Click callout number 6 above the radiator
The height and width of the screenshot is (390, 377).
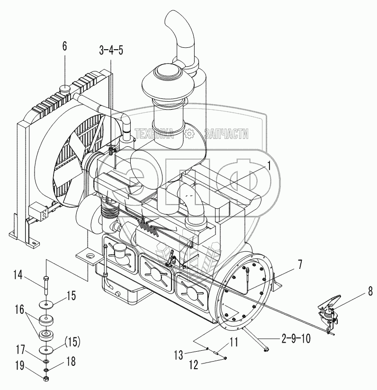tap(65, 46)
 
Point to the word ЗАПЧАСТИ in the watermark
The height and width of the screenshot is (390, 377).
tap(226, 135)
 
